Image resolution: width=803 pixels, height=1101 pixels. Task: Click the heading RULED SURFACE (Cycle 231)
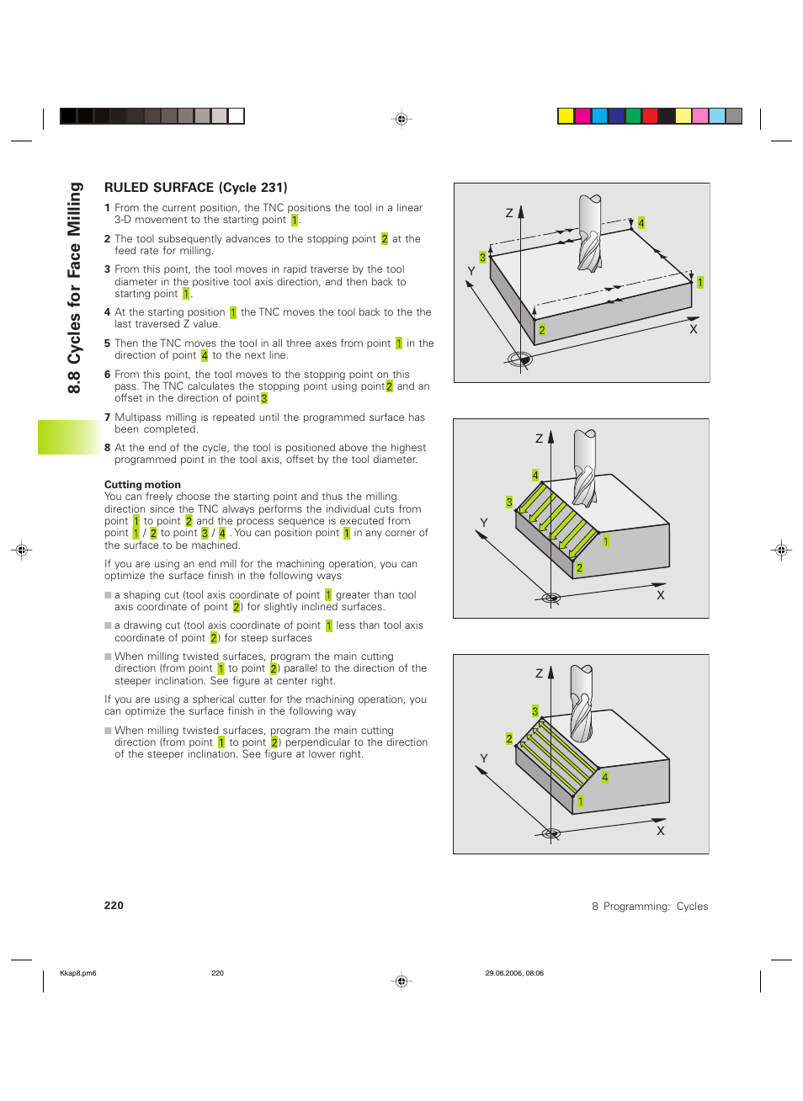[195, 188]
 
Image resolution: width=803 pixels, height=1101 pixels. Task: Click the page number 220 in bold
[114, 906]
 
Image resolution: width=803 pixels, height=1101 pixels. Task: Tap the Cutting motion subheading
[142, 485]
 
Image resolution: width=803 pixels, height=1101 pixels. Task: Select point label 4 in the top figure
[641, 223]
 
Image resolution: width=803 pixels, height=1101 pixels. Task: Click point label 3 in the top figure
[482, 257]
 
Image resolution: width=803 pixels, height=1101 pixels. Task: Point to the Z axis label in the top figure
[509, 213]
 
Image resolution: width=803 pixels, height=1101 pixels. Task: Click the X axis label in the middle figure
[661, 595]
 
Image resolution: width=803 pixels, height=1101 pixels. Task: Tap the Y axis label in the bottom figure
[484, 758]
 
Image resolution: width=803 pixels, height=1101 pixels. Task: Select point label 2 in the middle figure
[579, 568]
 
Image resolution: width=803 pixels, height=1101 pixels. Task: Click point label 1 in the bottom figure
[580, 801]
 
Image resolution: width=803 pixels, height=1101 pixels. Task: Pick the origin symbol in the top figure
[520, 359]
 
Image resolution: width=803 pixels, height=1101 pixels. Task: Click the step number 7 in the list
[108, 418]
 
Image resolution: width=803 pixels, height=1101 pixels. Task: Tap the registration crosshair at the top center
[401, 120]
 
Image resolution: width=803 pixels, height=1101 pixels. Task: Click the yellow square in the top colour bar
[566, 116]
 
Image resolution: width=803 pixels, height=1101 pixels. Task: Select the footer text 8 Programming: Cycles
[650, 907]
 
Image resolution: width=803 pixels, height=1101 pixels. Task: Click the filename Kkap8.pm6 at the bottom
[78, 973]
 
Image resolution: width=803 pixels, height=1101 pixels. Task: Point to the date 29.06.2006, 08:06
[514, 973]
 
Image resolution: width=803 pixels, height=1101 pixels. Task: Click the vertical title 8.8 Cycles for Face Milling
[75, 288]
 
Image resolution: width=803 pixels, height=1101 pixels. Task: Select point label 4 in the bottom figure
[604, 777]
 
